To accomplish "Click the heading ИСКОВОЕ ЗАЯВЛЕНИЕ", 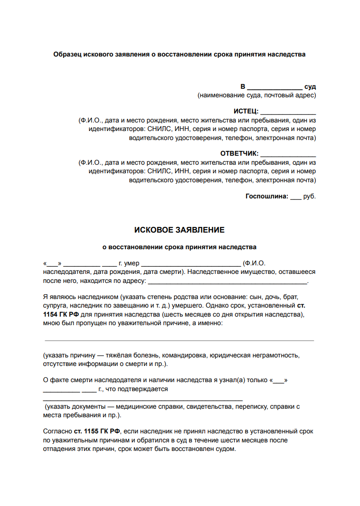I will click(179, 230).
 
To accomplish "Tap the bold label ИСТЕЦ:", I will click(246, 111).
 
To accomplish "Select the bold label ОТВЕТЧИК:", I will click(239, 153).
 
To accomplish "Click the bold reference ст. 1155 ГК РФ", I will click(97, 431).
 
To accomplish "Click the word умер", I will click(131, 263).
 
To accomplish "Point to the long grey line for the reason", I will click(179, 340).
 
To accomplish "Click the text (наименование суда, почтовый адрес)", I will click(257, 95).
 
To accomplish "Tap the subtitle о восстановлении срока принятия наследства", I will click(180, 247).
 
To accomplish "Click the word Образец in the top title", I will click(67, 54).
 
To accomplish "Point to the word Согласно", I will click(57, 431).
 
